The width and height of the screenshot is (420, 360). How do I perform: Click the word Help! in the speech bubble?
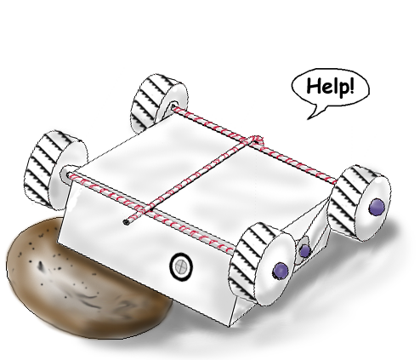point(331,86)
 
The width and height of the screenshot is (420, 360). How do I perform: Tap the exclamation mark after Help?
point(352,85)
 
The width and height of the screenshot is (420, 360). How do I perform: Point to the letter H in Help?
point(314,86)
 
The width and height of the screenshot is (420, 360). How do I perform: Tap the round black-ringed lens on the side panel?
point(181,266)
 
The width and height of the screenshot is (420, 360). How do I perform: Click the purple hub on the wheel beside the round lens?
point(281,271)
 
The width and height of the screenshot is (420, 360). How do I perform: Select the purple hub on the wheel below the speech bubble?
point(377,207)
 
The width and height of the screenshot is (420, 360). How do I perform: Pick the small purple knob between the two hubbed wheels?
point(305,251)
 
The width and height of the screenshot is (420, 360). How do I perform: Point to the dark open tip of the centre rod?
point(126,222)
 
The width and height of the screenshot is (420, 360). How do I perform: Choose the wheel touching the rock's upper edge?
point(55,170)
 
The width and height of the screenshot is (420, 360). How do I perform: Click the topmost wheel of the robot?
point(159,104)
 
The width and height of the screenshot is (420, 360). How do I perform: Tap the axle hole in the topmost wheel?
point(173,107)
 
